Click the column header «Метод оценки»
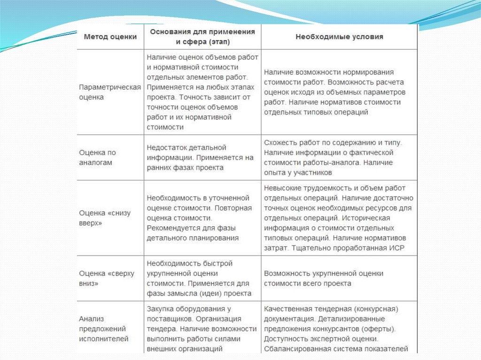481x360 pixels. [x=110, y=37]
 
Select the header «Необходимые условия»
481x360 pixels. [x=339, y=37]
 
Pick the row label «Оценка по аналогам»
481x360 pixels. [x=98, y=158]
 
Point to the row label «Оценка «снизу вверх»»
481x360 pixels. [x=105, y=218]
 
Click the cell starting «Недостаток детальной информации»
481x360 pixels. [x=200, y=158]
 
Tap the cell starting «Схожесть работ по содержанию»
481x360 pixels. [x=334, y=158]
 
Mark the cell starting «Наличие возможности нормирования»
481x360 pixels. [x=334, y=92]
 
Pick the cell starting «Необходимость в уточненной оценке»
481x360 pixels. [x=199, y=218]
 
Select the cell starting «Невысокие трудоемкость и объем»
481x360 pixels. [x=338, y=218]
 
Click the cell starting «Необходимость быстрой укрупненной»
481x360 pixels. [x=199, y=278]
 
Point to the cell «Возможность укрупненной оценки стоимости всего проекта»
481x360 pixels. [x=324, y=278]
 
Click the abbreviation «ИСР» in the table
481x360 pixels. [x=396, y=248]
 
